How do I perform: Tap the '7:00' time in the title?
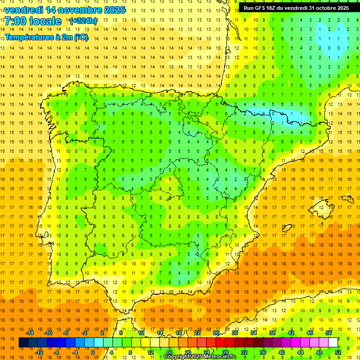click(15, 21)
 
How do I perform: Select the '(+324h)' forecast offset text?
click(83, 21)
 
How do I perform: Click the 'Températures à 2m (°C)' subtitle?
click(46, 37)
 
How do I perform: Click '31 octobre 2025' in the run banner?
click(329, 7)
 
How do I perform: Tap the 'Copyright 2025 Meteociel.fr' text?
click(200, 357)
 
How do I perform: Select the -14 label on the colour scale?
click(30, 333)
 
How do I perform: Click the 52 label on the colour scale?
click(338, 352)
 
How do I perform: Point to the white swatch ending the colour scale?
click(333, 343)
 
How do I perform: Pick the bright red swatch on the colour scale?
click(220, 343)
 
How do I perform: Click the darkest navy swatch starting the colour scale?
click(23, 343)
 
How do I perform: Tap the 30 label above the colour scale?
click(234, 333)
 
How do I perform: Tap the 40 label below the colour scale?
click(281, 352)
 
